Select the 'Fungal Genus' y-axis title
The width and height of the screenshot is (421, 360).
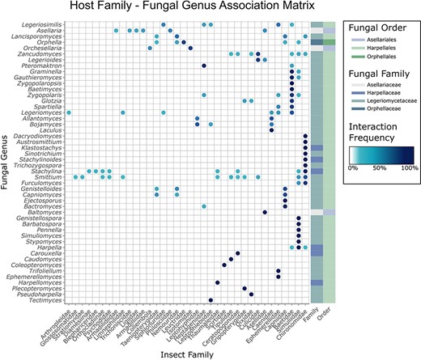[7, 161]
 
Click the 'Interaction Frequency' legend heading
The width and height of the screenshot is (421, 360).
[380, 141]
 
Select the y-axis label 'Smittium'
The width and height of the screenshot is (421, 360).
[48, 176]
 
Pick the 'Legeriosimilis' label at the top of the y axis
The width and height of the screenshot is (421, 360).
[42, 24]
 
